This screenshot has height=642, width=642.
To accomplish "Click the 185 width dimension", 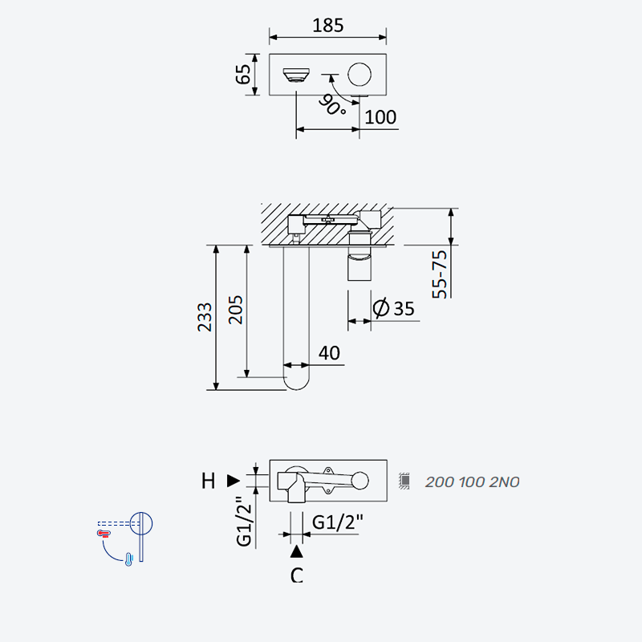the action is (x=328, y=26).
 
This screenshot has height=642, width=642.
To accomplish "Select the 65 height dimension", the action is (x=243, y=74).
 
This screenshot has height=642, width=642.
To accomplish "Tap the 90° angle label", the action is (x=332, y=105).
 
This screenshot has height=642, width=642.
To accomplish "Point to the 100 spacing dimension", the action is (x=380, y=117).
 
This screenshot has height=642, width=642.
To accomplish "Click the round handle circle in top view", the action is (x=360, y=75).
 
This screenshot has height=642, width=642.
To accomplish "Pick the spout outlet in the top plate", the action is (x=296, y=75).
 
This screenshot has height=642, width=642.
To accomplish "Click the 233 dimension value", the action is (x=205, y=317).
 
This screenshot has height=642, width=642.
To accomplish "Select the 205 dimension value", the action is (x=235, y=310).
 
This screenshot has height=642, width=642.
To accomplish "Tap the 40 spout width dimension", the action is (x=329, y=353).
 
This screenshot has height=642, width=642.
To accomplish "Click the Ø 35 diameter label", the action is (x=393, y=308).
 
